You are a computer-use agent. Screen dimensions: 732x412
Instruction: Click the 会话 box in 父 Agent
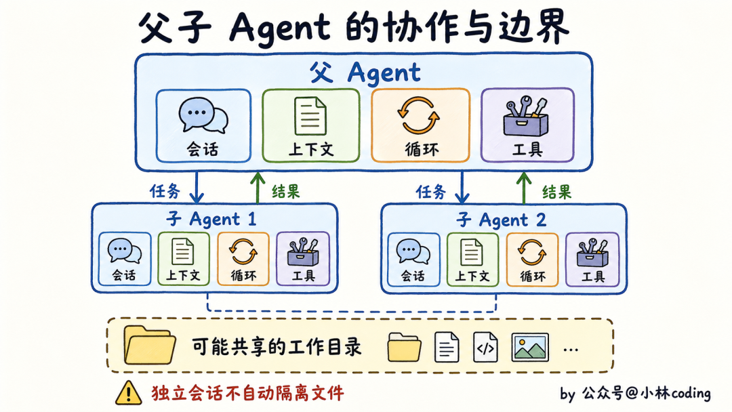tap(203, 125)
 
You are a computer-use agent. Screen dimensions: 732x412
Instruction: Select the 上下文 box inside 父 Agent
tap(311, 125)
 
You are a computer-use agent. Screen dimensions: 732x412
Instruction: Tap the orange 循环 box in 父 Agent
tap(420, 125)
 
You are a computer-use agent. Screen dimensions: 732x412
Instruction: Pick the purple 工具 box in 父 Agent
tap(527, 125)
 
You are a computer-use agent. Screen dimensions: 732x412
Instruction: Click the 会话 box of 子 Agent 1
tap(125, 259)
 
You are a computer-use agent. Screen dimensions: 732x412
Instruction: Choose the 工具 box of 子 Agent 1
tap(303, 258)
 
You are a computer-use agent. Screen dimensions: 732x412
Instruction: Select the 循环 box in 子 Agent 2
tap(532, 260)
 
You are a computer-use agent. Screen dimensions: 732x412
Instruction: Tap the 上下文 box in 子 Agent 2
tap(472, 260)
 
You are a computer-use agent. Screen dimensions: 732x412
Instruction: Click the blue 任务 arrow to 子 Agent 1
tap(197, 188)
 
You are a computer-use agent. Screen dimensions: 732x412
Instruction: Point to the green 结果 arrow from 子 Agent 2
tap(524, 188)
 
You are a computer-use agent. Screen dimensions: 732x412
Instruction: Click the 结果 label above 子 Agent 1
tap(286, 191)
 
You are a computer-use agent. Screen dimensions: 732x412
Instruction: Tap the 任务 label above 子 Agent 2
tap(431, 192)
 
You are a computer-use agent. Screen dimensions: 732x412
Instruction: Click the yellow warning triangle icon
tap(128, 393)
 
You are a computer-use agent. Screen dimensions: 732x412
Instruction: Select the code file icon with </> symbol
tap(485, 347)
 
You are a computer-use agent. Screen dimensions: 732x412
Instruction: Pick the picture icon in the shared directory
tap(530, 348)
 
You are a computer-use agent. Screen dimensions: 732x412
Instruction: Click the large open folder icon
tap(149, 346)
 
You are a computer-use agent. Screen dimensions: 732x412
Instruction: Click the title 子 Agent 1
tap(211, 219)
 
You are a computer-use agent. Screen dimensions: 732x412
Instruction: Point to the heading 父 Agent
tap(365, 73)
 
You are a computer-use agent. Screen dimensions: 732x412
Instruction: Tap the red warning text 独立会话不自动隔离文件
tap(248, 393)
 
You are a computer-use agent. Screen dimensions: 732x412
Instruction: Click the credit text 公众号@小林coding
tap(646, 393)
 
